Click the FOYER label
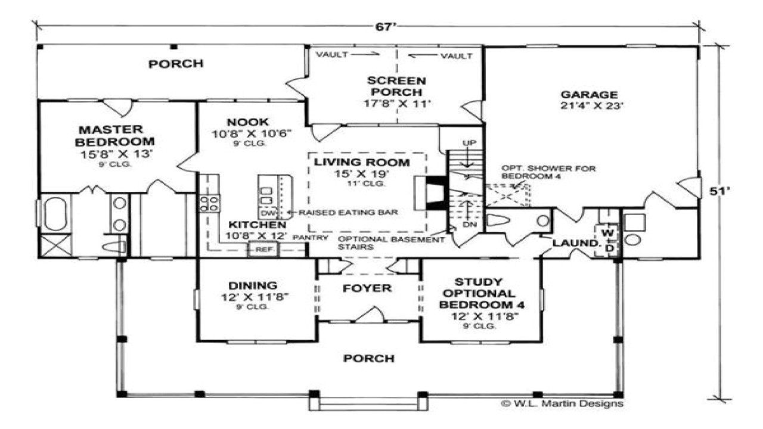(x=367, y=288)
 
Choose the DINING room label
(x=256, y=285)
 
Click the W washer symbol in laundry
(x=608, y=231)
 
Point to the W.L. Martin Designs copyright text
(x=562, y=403)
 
